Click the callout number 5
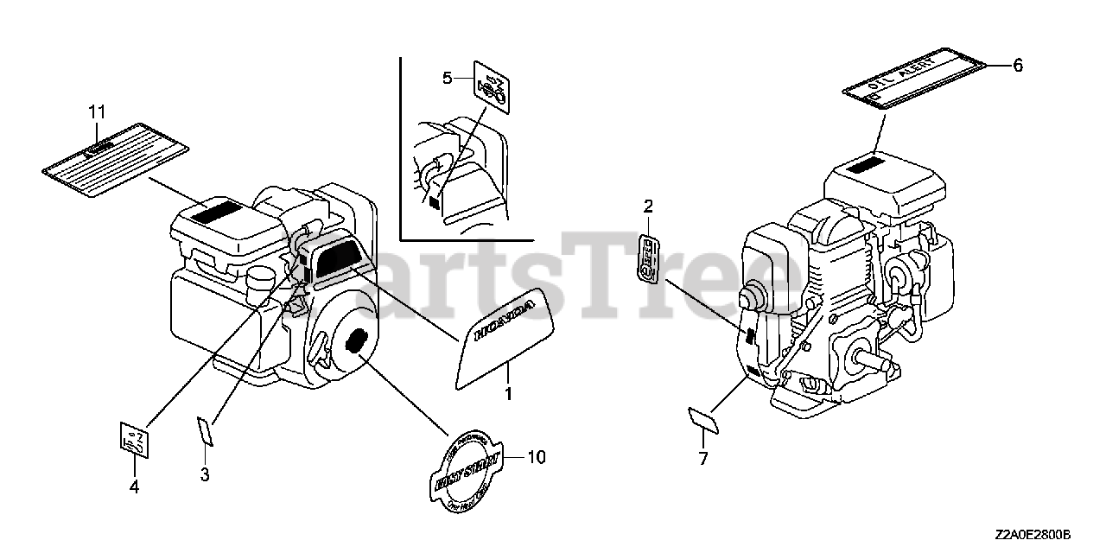point(447,79)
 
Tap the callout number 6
point(1017,66)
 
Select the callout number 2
point(648,206)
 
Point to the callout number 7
point(703,459)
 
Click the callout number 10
point(537,457)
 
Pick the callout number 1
point(508,394)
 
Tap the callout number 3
point(205,474)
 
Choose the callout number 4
point(134,487)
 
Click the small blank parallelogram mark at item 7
point(704,419)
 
